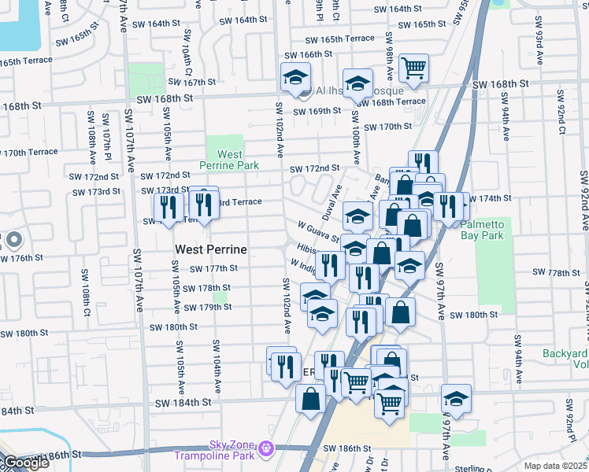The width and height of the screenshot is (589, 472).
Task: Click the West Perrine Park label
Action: click(x=229, y=160)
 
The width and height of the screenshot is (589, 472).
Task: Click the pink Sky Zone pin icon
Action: click(x=267, y=448)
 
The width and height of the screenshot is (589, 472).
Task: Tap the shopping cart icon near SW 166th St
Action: click(x=413, y=68)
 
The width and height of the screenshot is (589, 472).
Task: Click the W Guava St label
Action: click(x=318, y=231)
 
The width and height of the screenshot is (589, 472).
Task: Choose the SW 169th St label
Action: click(x=317, y=111)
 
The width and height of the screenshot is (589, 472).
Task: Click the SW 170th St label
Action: click(x=390, y=127)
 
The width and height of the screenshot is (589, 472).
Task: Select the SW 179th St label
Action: click(x=207, y=307)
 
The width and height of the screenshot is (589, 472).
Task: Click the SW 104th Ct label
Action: click(x=187, y=53)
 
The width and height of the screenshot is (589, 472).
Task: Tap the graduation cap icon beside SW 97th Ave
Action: click(x=456, y=398)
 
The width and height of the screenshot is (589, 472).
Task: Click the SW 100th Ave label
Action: click(x=355, y=142)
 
